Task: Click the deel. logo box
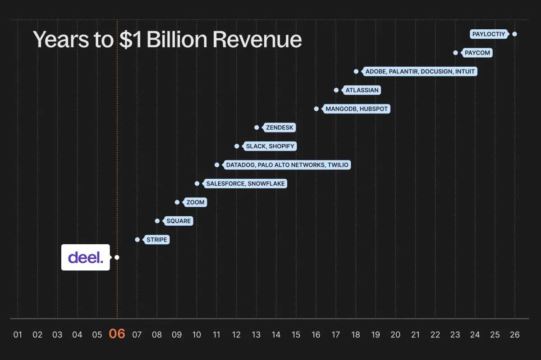(86, 257)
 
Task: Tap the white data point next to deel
(117, 257)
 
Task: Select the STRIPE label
(157, 240)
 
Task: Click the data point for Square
(157, 221)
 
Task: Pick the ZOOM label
(196, 202)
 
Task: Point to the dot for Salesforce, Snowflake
(197, 183)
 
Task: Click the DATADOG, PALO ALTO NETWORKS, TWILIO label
(287, 165)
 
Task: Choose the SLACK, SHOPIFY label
(270, 146)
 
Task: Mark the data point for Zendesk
(257, 128)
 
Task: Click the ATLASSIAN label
(362, 90)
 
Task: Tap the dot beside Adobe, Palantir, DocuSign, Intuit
(356, 71)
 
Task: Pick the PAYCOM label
(477, 53)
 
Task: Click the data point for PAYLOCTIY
(514, 34)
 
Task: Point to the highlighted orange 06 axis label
(117, 334)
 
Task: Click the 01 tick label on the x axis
(18, 335)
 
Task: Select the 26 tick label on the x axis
(514, 335)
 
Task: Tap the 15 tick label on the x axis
(296, 335)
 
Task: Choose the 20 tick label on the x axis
(395, 335)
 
